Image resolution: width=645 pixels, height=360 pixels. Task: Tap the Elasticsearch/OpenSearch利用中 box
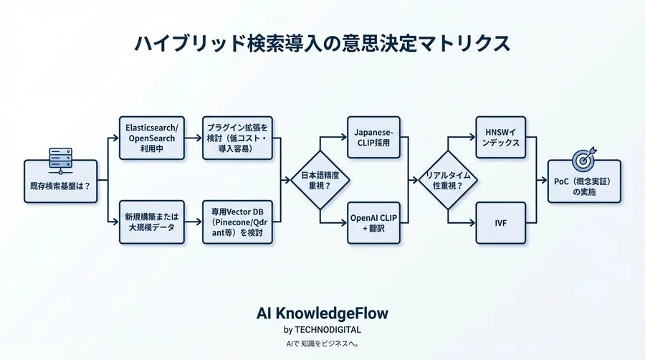pyautogui.click(x=151, y=137)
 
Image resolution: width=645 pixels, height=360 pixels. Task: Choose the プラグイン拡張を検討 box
pyautogui.click(x=238, y=137)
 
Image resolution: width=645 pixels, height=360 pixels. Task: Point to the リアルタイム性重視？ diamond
pyautogui.click(x=447, y=180)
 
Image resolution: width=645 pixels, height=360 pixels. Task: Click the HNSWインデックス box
pyautogui.click(x=501, y=137)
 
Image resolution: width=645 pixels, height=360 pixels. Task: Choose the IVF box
pyautogui.click(x=501, y=222)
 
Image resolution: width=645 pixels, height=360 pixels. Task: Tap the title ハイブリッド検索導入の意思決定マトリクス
pyautogui.click(x=322, y=43)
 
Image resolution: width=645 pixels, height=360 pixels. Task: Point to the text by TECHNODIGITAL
pyautogui.click(x=322, y=330)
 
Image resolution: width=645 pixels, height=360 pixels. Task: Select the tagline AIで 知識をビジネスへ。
pyautogui.click(x=322, y=344)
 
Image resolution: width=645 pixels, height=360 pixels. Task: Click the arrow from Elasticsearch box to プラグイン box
pyautogui.click(x=193, y=137)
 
